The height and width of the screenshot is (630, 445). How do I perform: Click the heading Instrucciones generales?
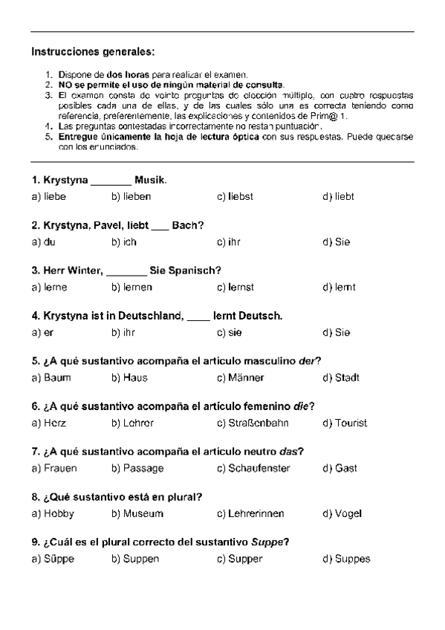(94, 53)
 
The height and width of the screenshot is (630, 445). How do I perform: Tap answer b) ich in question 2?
(124, 242)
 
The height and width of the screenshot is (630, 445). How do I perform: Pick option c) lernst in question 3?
(236, 288)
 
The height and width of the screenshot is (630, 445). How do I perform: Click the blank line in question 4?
(198, 316)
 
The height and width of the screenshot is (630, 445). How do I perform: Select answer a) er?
(42, 333)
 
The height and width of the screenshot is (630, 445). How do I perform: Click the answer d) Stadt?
(341, 378)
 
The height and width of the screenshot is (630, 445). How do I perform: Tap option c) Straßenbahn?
(253, 423)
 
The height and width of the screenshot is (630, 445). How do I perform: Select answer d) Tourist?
(345, 423)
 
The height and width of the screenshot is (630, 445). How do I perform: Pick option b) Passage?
(137, 469)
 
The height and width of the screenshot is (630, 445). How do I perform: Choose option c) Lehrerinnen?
(250, 514)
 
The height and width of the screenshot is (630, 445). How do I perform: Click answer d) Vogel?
(342, 514)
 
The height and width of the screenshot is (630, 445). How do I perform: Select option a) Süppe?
(53, 559)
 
